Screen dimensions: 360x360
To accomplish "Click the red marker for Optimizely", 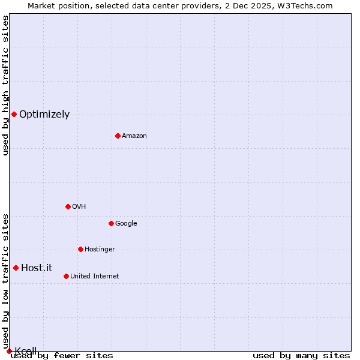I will click(14, 114).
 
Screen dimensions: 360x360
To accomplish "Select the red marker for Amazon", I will click(118, 136).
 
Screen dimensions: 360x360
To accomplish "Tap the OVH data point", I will click(68, 206).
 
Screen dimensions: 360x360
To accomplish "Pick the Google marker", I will click(111, 223).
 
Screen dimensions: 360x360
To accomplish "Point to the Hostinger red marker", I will click(80, 249).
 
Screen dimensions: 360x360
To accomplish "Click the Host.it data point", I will click(16, 268).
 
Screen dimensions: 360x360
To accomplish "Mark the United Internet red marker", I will click(66, 276).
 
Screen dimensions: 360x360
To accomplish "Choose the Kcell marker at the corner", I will click(9, 351).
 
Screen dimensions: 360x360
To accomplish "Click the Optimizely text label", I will click(44, 114).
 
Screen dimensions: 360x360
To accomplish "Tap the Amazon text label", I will click(134, 136).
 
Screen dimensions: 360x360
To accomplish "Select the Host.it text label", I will click(37, 268).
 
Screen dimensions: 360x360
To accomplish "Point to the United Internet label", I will click(95, 276).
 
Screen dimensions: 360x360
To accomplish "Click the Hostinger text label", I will click(100, 249).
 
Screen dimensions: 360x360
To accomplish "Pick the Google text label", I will click(126, 223).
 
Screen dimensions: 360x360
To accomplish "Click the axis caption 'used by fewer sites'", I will click(62, 355).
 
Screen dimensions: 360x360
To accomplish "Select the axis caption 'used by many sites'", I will click(301, 355).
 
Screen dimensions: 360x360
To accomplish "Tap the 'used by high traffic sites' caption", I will click(5, 85).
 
